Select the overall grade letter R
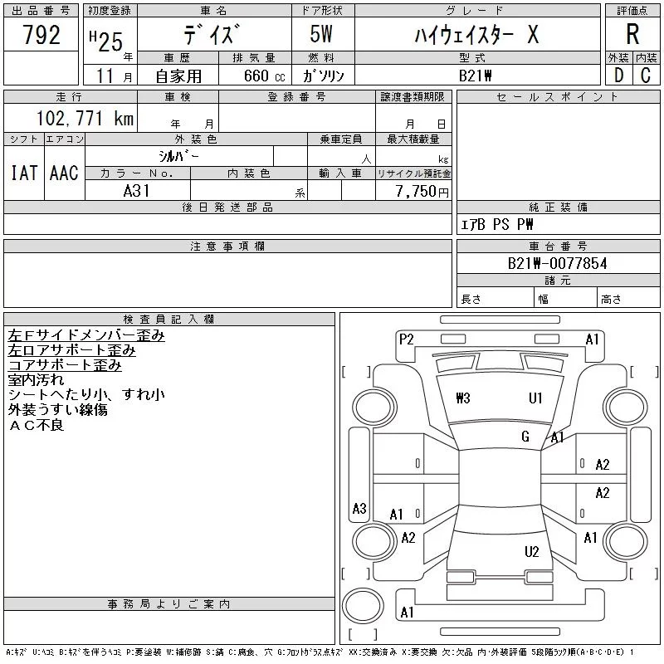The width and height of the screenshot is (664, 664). tap(632, 35)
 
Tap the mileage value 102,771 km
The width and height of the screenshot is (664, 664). tap(85, 118)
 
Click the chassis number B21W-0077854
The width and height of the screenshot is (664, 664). tap(557, 264)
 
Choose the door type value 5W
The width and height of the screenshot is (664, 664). tap(323, 35)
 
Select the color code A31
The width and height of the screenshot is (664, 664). tap(137, 191)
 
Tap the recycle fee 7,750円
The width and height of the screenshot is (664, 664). tap(424, 191)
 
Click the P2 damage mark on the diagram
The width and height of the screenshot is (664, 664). tap(406, 339)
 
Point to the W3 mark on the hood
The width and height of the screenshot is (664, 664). tap(463, 398)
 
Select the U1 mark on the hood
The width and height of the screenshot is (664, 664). tap(536, 398)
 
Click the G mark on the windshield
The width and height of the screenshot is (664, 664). tap(525, 437)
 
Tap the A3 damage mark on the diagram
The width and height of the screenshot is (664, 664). tap(359, 509)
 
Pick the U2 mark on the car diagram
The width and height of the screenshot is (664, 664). tap(532, 552)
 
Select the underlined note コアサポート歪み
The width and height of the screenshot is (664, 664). tap(65, 365)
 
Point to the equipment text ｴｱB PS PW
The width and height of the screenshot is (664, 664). tap(497, 224)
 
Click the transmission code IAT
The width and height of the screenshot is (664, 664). tap(23, 173)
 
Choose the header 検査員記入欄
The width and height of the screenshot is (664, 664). tap(168, 319)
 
